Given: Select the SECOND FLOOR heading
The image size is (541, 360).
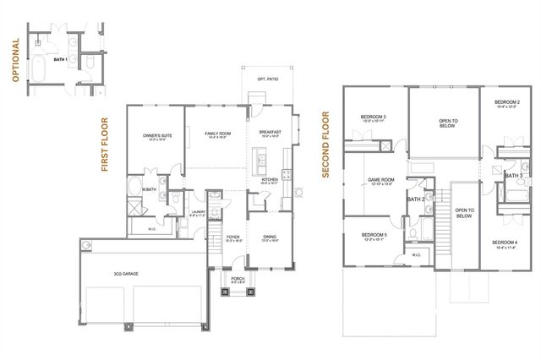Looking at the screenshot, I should click(x=325, y=146).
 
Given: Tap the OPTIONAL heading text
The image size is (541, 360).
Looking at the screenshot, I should click(x=15, y=60).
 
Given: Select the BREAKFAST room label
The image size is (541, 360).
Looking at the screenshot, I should click(x=270, y=134).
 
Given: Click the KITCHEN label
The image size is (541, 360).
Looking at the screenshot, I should click(x=270, y=180).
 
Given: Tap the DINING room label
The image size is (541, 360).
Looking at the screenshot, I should click(x=270, y=238).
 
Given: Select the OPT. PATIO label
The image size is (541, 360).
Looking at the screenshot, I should click(x=267, y=79).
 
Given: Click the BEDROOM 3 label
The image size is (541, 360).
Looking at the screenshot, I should click(x=374, y=117).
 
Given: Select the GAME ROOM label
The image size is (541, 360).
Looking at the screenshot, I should click(x=381, y=179).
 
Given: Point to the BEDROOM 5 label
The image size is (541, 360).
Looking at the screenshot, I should click(x=374, y=235).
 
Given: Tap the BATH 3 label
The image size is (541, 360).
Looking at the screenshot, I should click(x=513, y=175).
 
